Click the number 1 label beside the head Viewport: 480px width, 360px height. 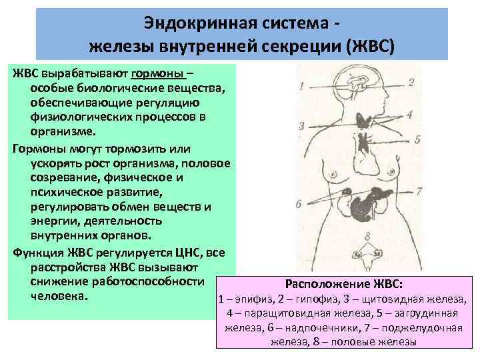pos(302,85)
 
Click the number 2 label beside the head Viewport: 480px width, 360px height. pos(411,82)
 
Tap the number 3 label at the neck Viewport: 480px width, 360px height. pos(302,125)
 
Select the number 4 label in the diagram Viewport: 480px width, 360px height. pos(409,115)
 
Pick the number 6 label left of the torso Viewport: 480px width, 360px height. pos(298,203)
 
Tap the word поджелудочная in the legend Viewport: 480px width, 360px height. pos(417,327)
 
